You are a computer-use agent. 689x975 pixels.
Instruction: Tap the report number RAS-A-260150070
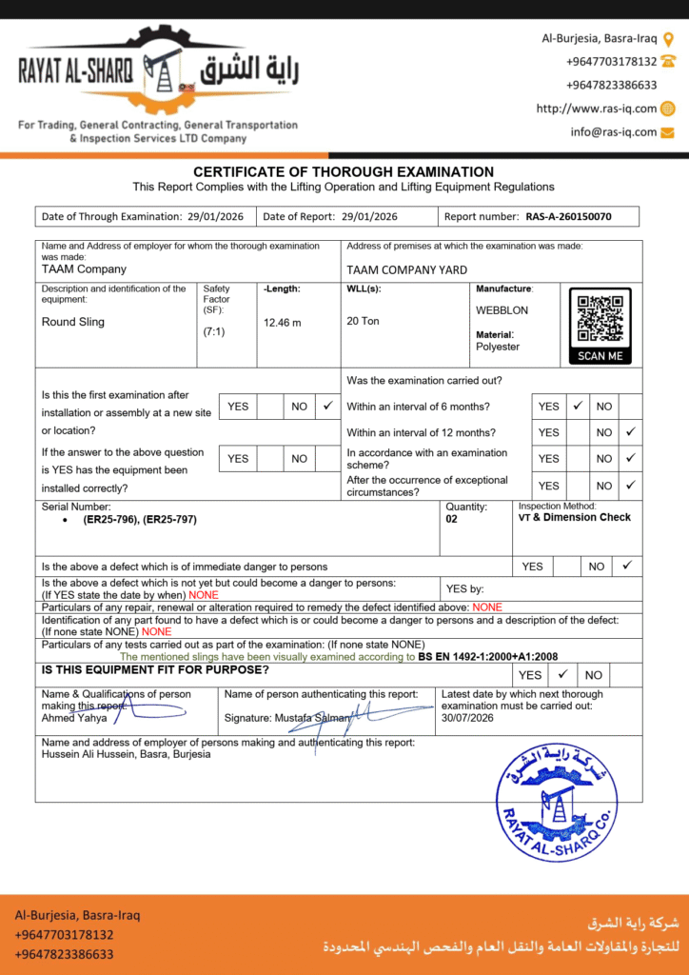pos(568,216)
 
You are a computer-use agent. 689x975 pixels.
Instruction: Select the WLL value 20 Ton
pos(363,321)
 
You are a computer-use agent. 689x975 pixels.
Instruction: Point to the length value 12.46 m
pos(282,322)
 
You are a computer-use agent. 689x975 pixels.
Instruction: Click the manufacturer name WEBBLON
pos(502,310)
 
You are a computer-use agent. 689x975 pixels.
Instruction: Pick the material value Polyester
pos(498,347)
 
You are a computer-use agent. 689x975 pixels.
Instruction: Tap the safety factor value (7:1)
pos(214,332)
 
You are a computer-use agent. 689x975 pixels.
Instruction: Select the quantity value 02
pos(452,520)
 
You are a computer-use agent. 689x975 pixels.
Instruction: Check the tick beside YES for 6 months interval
pos(577,406)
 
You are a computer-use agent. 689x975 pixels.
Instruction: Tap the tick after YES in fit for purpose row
pos(562,674)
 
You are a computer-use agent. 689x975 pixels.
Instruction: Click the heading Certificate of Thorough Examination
pos(344,171)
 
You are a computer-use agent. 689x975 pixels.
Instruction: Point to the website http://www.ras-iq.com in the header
pos(596,109)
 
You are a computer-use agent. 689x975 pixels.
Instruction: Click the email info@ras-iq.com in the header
pos(614,132)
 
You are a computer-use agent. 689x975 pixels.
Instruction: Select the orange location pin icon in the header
pos(668,39)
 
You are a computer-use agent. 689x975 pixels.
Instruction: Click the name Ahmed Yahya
pos(73,718)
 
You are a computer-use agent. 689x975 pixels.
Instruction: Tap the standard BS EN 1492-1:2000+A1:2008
pos(488,657)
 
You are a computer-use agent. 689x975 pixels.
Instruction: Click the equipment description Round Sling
pos(73,322)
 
